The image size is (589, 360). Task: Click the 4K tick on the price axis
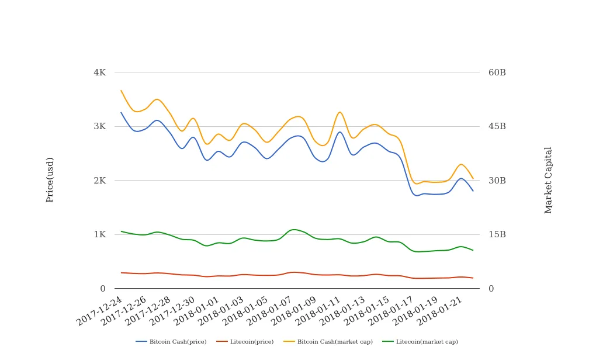point(99,72)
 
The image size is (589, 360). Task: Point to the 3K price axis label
point(99,126)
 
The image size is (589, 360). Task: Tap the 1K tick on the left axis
point(99,234)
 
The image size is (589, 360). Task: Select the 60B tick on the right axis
point(497,72)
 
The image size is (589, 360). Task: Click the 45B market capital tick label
point(497,126)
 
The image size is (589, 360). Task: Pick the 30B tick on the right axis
point(497,181)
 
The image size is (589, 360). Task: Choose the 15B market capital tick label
point(497,234)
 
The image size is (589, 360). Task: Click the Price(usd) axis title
point(50,179)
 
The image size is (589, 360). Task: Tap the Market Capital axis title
point(548,179)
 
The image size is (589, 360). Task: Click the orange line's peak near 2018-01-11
point(340,112)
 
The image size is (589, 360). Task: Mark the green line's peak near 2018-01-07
point(293,229)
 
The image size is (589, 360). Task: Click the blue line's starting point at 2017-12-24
point(121,112)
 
